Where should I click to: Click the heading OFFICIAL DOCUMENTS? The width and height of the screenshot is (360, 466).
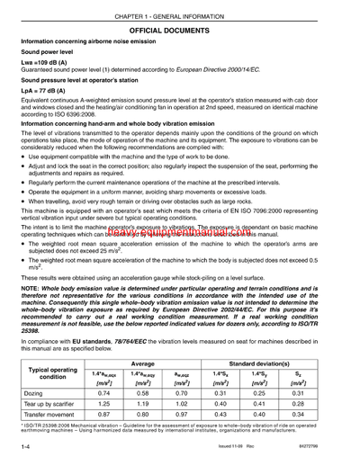pos(180,30)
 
